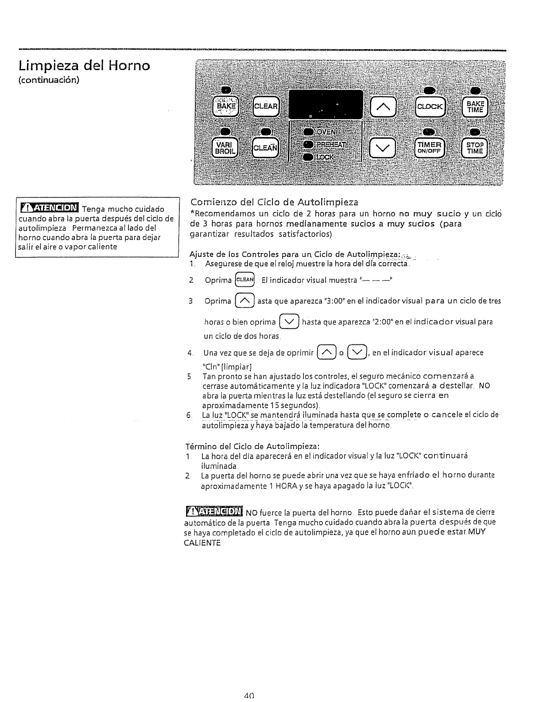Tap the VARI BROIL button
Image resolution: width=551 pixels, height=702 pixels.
tap(226, 147)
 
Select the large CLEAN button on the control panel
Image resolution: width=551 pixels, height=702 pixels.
tap(266, 148)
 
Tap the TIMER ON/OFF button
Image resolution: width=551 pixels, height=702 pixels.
tap(430, 147)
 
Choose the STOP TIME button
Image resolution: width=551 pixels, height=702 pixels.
tap(474, 147)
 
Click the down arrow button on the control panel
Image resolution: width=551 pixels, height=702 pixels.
tap(382, 147)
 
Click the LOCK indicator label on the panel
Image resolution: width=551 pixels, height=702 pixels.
tap(326, 157)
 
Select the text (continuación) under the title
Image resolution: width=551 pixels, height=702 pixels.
tap(49, 81)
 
